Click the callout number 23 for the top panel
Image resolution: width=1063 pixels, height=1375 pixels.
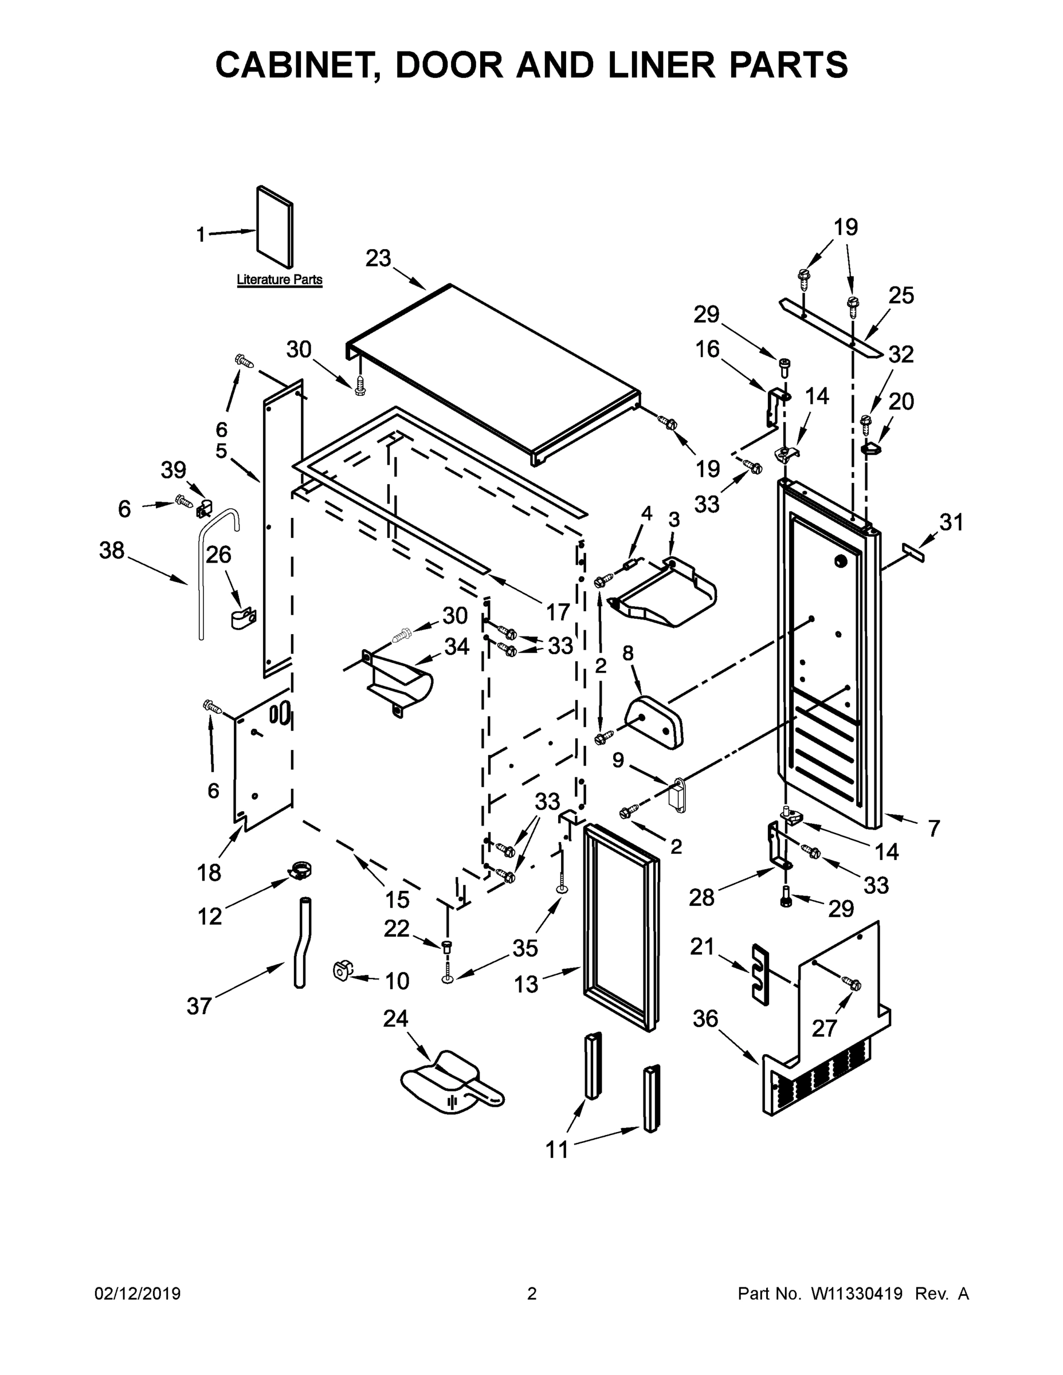(378, 258)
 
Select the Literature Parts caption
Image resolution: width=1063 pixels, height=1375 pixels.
(279, 280)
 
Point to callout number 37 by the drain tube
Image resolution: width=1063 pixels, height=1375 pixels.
(199, 1006)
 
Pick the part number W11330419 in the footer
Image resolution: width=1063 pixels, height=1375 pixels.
(857, 1294)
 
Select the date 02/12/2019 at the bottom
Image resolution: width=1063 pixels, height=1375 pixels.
(138, 1294)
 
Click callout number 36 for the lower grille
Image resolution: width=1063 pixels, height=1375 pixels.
(705, 1019)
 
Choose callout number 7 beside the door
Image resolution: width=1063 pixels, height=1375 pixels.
(933, 828)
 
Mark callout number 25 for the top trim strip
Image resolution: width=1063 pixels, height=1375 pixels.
(900, 295)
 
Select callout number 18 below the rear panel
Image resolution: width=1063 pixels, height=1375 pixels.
(209, 873)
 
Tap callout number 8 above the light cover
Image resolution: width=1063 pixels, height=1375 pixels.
(628, 653)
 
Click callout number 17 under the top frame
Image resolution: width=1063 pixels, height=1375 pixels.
(558, 611)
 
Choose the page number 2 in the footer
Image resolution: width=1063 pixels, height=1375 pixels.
(532, 1294)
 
